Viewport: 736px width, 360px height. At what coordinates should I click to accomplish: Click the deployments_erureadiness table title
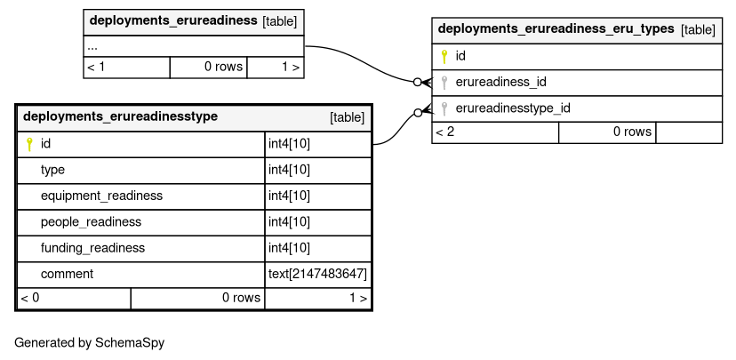(x=173, y=20)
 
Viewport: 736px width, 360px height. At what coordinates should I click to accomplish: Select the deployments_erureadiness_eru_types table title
(x=556, y=28)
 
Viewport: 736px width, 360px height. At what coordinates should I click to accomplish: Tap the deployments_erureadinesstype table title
(x=120, y=116)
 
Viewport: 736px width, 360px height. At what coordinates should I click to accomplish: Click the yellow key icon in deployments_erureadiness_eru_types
(x=444, y=56)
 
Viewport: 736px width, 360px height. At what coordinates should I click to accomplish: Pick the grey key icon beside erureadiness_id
(x=444, y=83)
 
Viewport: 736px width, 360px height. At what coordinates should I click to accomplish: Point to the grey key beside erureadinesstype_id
(x=444, y=109)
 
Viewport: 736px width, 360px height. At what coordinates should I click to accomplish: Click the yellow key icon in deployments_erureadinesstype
(x=29, y=144)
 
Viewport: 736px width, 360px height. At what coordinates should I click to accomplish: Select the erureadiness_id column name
(x=500, y=82)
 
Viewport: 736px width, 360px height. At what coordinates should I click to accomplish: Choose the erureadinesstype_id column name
(x=513, y=108)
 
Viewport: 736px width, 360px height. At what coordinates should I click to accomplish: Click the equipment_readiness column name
(x=101, y=196)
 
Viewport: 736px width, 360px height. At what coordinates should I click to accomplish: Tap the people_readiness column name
(x=91, y=222)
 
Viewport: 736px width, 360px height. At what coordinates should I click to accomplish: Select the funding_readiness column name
(x=92, y=248)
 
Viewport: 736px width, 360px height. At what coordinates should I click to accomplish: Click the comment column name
(x=67, y=274)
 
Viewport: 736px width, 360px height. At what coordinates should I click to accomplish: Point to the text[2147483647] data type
(x=317, y=274)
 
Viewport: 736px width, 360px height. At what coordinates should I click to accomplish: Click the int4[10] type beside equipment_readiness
(x=289, y=196)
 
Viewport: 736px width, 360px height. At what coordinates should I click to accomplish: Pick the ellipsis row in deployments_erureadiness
(x=92, y=48)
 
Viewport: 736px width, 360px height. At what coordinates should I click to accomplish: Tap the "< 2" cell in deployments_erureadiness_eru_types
(x=445, y=132)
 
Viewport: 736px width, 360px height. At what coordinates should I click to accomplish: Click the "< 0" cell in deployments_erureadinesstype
(x=30, y=298)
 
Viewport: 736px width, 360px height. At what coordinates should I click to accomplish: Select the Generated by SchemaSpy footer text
(x=89, y=342)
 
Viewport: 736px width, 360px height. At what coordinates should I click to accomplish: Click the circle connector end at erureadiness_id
(x=417, y=82)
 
